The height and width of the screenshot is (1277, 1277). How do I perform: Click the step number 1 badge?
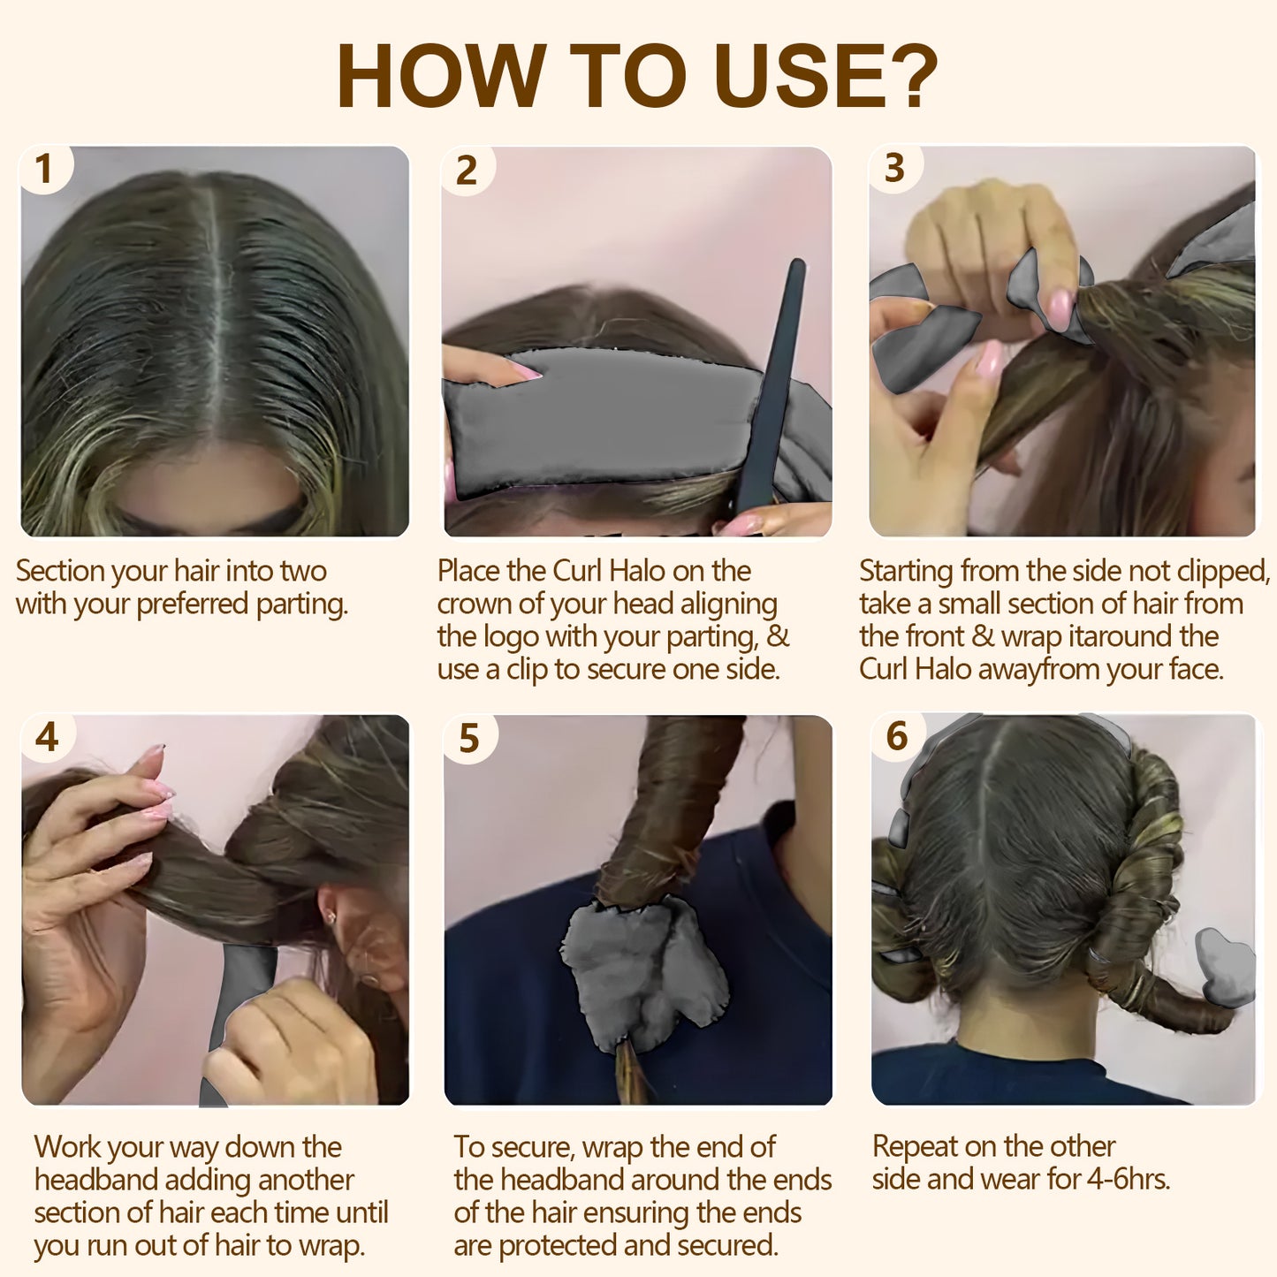(x=43, y=169)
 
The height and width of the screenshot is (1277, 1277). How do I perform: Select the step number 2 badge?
(x=466, y=170)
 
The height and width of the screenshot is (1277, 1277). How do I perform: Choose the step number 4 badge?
(x=47, y=736)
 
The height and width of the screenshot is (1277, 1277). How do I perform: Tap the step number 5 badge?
(x=468, y=738)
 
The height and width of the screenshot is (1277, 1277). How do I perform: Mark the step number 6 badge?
(x=896, y=735)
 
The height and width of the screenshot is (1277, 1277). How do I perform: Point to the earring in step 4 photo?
(x=332, y=919)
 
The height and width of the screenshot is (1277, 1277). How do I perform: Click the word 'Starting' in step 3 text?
(x=906, y=572)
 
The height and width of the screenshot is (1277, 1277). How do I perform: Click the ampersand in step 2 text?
(x=777, y=636)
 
